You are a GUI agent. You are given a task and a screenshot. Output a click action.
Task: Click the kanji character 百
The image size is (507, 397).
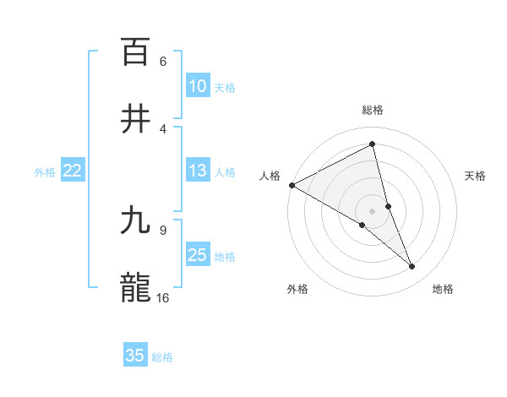coord(136,52)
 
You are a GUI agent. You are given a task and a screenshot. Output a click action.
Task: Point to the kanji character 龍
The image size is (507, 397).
coord(136,286)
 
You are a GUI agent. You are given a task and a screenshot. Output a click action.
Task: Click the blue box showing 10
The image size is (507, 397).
coord(197,86)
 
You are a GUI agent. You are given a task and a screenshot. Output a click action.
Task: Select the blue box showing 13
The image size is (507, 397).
coord(197,171)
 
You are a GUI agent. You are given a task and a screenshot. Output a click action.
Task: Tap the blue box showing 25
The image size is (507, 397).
coord(197,255)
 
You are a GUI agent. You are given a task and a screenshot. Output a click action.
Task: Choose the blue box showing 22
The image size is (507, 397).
coord(73,171)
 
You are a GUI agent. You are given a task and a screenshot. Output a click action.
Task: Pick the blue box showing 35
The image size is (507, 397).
coord(135,356)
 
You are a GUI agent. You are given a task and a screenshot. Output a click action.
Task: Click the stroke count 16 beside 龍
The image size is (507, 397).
coord(163,297)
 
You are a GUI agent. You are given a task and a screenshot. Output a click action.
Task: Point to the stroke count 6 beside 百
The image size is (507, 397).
coord(163,61)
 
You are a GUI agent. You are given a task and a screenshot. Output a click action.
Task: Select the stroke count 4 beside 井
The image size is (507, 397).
coord(163,128)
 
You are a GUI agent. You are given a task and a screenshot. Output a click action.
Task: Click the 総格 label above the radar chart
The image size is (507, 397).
coord(373,110)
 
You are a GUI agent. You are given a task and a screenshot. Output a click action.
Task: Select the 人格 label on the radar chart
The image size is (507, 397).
coord(270,175)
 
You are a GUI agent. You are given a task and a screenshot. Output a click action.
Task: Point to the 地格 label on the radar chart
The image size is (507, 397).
coord(443,289)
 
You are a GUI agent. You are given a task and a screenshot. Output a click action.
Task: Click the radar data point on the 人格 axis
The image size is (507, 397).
coord(292,185)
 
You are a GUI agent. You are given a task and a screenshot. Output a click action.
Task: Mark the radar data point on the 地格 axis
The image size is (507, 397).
coord(412,267)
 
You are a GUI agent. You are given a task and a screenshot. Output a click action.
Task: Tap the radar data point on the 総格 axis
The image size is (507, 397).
coord(373,144)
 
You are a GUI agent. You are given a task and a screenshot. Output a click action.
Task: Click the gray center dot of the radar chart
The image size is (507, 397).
coord(373,210)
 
